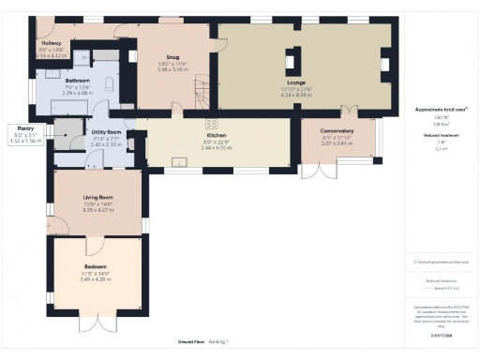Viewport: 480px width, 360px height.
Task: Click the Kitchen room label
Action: [217, 135]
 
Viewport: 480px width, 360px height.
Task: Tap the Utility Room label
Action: [105, 133]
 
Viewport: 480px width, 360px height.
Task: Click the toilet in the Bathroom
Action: [111, 86]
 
